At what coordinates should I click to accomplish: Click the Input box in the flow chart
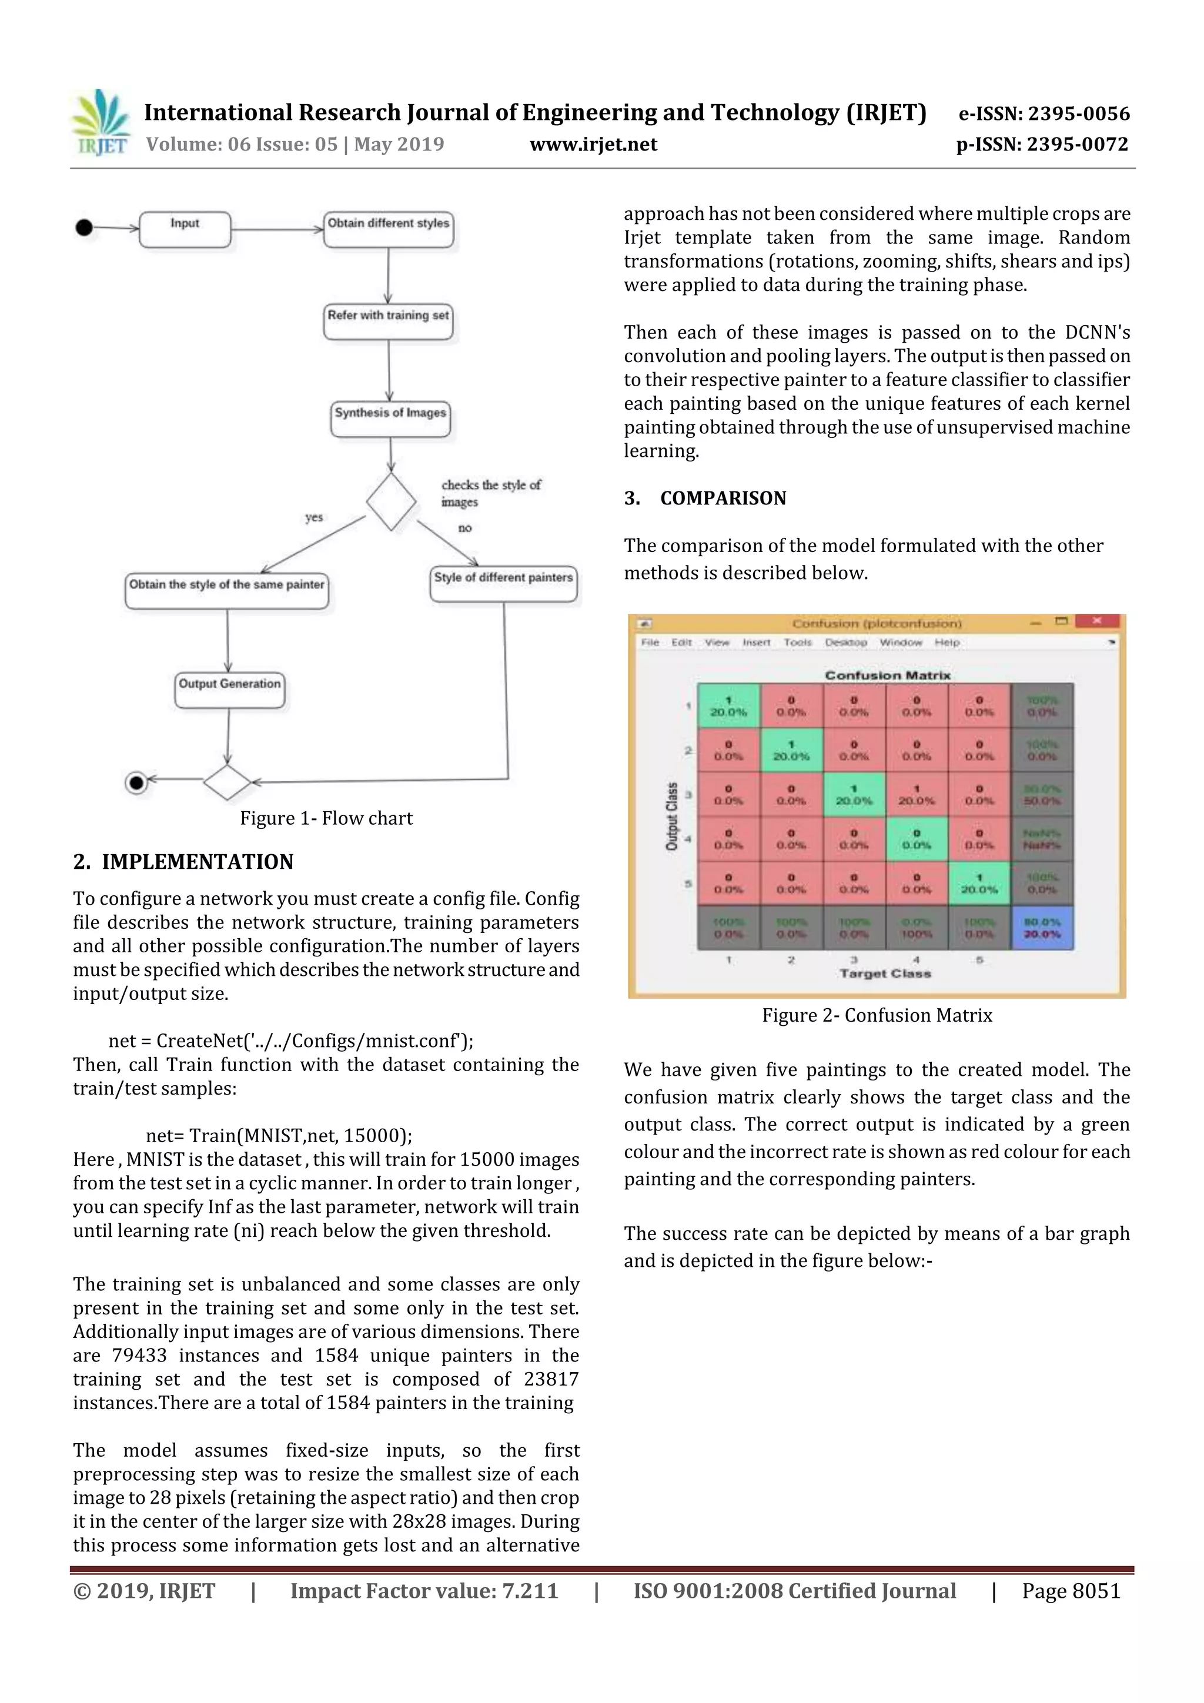185,229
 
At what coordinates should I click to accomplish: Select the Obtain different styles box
389,229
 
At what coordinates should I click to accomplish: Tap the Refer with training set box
388,320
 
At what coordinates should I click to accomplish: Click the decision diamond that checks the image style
391,502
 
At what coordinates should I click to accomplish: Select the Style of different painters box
504,583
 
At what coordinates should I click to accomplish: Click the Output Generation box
230,689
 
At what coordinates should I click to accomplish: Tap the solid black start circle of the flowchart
85,227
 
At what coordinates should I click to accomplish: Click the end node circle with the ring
136,782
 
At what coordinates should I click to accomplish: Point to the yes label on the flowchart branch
314,517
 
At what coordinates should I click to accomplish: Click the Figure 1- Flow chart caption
326,818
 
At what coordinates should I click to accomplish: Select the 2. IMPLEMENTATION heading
183,862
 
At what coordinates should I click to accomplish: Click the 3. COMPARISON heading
705,498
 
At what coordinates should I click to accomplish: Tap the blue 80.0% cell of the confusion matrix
1042,928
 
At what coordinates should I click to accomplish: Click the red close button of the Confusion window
1097,621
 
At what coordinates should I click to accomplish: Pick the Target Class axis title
885,973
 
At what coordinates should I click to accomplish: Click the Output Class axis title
672,816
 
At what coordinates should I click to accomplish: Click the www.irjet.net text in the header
593,145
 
